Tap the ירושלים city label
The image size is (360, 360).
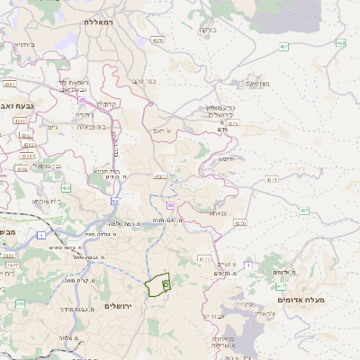click(x=119, y=307)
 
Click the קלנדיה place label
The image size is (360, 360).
click(x=112, y=103)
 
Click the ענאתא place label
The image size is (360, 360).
click(x=220, y=213)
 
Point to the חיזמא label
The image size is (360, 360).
click(x=225, y=158)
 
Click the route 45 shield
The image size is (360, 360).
click(x=82, y=101)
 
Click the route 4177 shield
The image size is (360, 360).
click(x=203, y=258)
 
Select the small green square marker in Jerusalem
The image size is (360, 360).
click(x=166, y=285)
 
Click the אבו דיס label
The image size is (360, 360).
click(x=211, y=316)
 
